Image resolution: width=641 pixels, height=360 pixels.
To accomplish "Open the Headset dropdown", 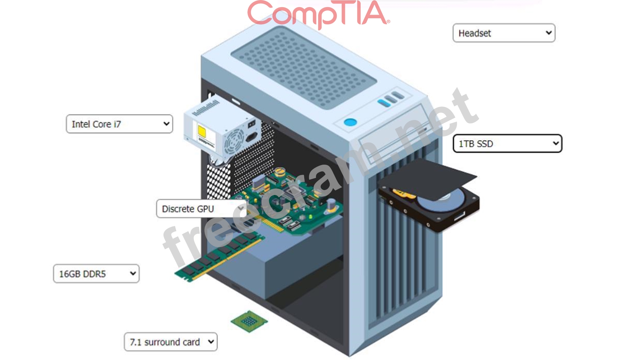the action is [x=504, y=33].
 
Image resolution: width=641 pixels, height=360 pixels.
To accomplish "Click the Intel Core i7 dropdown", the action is [x=119, y=124].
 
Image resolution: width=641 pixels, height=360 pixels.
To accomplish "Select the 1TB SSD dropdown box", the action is [x=507, y=144].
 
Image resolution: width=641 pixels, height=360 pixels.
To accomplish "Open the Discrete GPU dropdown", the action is [x=201, y=209].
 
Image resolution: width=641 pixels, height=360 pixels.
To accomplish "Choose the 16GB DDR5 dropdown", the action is [x=96, y=274].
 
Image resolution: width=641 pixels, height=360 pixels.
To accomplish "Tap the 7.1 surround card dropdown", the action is [x=171, y=342].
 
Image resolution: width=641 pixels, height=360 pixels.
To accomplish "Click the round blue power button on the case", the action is [x=350, y=122].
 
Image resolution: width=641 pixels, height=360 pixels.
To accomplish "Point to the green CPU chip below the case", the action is [x=249, y=321].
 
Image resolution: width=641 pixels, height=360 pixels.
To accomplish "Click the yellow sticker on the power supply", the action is [x=202, y=131].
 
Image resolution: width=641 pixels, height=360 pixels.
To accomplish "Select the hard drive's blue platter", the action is [x=441, y=200].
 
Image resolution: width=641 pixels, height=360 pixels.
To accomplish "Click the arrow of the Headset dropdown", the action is [x=549, y=33].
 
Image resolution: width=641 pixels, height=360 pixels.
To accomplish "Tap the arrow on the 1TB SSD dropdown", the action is [x=556, y=144].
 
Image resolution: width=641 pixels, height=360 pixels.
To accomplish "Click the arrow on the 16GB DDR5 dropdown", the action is [x=133, y=274].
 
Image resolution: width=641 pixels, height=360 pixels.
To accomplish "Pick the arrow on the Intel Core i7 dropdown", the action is [x=166, y=124].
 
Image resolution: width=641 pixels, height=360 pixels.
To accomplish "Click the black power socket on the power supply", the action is [x=252, y=137].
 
